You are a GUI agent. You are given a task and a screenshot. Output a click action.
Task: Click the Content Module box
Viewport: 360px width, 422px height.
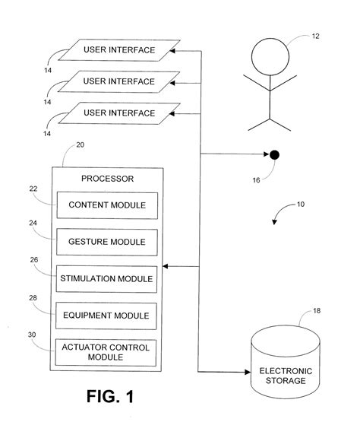coord(107,205)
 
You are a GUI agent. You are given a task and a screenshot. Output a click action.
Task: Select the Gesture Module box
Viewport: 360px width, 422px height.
coord(107,242)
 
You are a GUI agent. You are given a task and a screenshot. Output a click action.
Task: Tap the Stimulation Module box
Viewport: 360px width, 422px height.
coord(107,278)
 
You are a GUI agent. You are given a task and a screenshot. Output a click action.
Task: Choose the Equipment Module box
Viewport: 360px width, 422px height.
coord(107,314)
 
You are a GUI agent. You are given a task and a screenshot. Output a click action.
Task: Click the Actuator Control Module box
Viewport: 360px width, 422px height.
coord(107,351)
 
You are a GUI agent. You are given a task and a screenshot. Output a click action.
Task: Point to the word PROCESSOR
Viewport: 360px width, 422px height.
coord(107,179)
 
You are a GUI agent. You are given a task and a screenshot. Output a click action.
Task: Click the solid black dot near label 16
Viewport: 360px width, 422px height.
coord(274,155)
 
